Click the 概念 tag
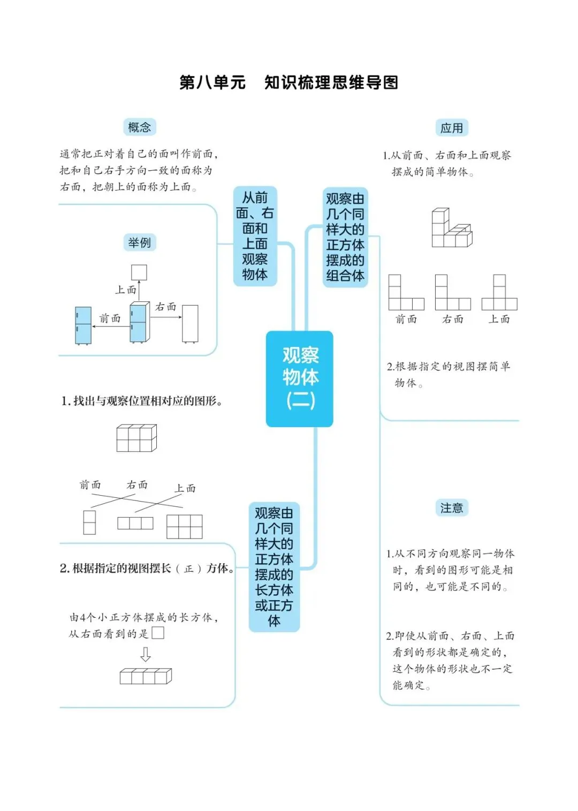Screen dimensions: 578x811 [139, 127]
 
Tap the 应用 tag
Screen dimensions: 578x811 [451, 128]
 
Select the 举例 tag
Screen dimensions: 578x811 [140, 242]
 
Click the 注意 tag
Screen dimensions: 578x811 [451, 507]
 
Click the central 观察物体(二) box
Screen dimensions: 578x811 [299, 378]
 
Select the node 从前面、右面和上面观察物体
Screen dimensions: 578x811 [255, 236]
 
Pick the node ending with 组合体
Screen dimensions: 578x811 [345, 238]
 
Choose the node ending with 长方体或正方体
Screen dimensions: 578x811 [274, 567]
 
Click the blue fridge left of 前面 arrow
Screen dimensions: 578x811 [83, 325]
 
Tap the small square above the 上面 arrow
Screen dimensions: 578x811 [139, 272]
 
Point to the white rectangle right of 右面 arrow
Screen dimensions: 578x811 [190, 324]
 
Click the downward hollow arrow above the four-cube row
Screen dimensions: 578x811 [146, 654]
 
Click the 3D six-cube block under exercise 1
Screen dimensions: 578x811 [136, 438]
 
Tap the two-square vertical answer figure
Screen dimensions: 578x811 [89, 522]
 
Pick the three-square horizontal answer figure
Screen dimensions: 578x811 [135, 523]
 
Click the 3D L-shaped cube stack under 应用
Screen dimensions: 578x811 [452, 228]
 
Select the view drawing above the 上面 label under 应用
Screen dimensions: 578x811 [499, 292]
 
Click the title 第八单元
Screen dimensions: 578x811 [212, 82]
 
